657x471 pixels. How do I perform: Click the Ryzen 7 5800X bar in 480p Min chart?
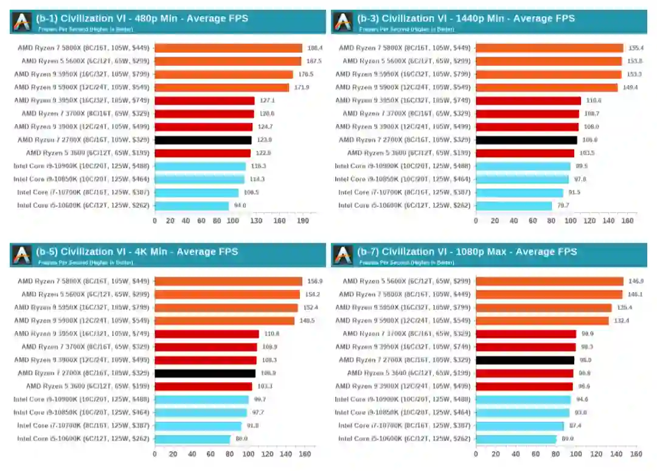pos(228,48)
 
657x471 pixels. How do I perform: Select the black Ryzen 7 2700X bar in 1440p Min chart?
pos(526,140)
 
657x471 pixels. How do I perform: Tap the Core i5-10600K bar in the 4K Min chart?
pos(192,439)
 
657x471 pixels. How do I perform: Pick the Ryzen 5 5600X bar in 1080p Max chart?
pos(549,281)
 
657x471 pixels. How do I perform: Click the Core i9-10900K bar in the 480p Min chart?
pos(200,166)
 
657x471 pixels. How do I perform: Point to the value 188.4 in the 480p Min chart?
pos(315,48)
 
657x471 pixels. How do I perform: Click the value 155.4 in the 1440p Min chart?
pos(636,48)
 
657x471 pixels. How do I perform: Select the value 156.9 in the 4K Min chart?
pos(315,281)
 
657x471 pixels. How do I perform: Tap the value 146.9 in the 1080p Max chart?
pos(636,281)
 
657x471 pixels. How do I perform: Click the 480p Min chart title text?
pos(142,18)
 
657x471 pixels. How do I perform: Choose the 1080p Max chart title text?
pos(467,251)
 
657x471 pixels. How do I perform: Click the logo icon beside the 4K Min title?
pos(22,255)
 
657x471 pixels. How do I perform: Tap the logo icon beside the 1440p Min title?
pos(343,22)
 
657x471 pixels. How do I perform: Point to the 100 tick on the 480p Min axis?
pos(232,221)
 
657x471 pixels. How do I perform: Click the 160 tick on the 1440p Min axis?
pos(627,221)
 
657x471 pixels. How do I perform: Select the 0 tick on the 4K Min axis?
pos(155,454)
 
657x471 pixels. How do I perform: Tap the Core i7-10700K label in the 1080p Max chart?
pos(405,426)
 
